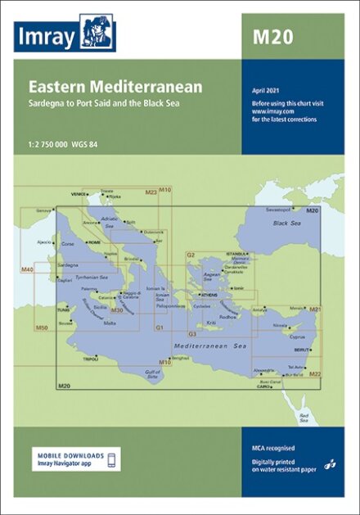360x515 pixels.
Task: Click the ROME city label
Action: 94,243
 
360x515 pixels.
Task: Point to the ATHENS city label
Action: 208,295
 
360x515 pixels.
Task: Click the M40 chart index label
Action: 27,269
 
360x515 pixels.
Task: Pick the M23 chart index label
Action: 151,192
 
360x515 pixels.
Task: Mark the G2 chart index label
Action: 191,255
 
